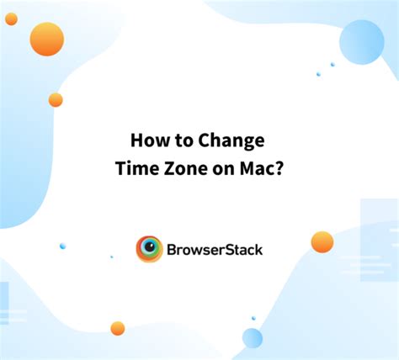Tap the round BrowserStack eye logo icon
pyautogui.click(x=150, y=249)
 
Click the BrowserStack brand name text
pyautogui.click(x=215, y=249)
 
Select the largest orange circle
pyautogui.click(x=46, y=39)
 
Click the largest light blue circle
pyautogui.click(x=361, y=42)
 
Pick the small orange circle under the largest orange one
pyautogui.click(x=56, y=99)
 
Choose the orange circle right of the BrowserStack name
pyautogui.click(x=322, y=242)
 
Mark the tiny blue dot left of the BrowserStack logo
pyautogui.click(x=62, y=246)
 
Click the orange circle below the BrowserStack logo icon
pyautogui.click(x=118, y=328)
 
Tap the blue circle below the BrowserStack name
pyautogui.click(x=253, y=338)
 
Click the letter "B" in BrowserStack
pyautogui.click(x=173, y=249)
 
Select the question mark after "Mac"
pyautogui.click(x=279, y=167)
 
